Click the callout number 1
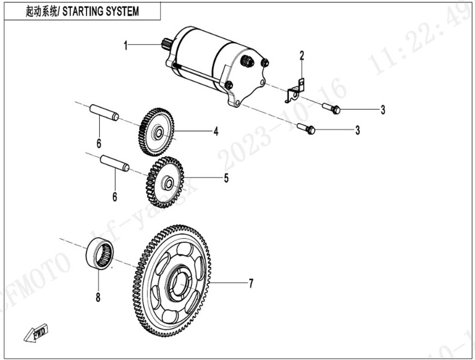[126, 46]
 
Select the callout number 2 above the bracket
[302, 56]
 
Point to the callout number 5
[226, 178]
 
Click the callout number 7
[251, 283]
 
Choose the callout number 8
[98, 296]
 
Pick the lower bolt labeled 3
[306, 128]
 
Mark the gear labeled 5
[164, 181]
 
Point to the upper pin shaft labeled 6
[104, 113]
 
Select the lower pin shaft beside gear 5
[114, 163]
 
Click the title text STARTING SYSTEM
[101, 11]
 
